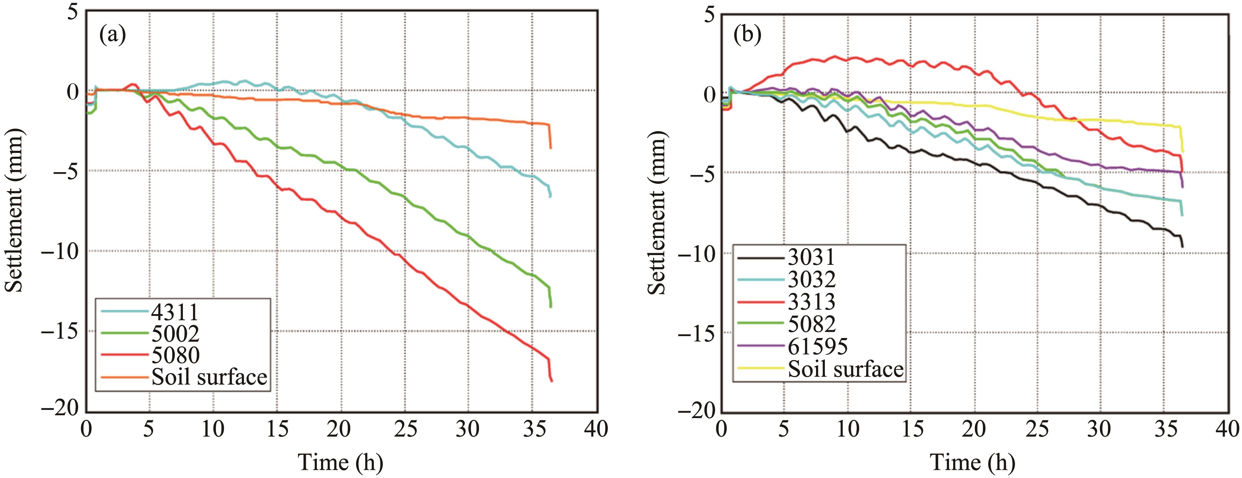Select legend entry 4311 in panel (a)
[x=175, y=312]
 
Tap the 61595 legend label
[x=818, y=346]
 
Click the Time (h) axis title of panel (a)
[x=341, y=462]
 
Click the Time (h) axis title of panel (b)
[x=972, y=462]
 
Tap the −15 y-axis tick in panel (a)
[x=60, y=331]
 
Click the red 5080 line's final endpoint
[x=551, y=382]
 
